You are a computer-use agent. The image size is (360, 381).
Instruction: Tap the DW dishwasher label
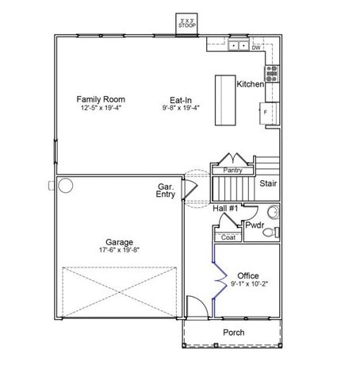(x=255, y=48)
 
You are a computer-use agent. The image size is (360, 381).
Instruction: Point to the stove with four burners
(x=272, y=74)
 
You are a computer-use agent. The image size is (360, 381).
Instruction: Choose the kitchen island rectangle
(x=221, y=100)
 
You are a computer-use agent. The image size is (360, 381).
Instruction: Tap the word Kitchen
(x=250, y=84)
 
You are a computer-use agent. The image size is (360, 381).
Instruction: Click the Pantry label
(x=232, y=171)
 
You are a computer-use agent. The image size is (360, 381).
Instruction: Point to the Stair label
(x=268, y=183)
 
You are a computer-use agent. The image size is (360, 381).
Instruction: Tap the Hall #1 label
(x=226, y=208)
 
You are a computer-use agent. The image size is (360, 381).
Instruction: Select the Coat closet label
(x=228, y=237)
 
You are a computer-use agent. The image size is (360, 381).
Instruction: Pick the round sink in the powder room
(x=274, y=212)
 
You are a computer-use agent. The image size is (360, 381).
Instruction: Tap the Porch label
(x=233, y=333)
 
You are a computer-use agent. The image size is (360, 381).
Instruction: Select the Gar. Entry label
(x=166, y=190)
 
